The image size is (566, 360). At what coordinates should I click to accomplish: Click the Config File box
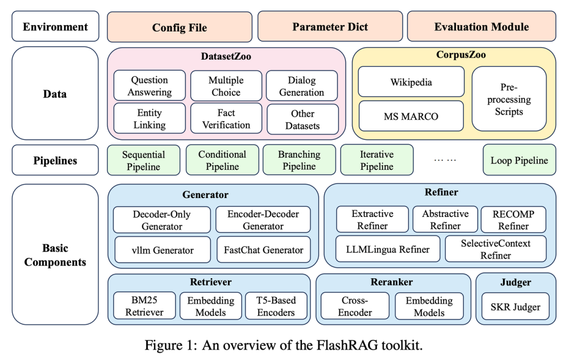[179, 27]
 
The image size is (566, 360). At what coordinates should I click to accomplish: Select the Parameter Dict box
[330, 27]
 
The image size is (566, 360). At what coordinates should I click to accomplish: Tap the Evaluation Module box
[481, 27]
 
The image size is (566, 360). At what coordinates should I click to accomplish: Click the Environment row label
[55, 26]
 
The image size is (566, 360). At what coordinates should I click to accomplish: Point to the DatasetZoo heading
[226, 56]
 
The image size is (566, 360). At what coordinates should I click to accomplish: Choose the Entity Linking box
[150, 119]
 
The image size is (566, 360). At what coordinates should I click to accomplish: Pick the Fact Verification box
[226, 119]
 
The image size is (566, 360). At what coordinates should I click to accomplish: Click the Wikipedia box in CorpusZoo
[411, 82]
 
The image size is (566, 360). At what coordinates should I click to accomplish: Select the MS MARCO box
[411, 116]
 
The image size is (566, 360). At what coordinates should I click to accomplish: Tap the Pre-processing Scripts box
[509, 99]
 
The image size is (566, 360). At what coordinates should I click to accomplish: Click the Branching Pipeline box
[299, 160]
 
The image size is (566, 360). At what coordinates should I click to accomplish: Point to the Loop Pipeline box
[519, 160]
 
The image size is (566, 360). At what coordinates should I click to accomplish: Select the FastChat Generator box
[264, 250]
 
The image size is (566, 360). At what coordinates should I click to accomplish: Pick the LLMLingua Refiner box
[388, 249]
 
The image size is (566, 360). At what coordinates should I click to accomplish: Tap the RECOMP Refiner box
[514, 220]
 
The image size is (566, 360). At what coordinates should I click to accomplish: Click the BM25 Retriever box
[144, 307]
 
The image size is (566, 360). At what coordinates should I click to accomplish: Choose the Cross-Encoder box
[355, 307]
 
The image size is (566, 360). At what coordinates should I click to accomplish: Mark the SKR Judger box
[516, 307]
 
